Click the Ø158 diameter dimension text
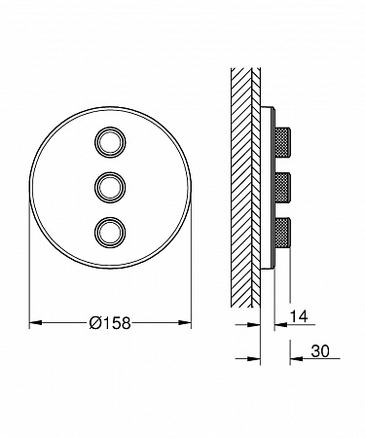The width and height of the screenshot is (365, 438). coord(110,323)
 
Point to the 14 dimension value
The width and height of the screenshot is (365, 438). coord(299,316)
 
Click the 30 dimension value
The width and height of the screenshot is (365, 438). coord(320,351)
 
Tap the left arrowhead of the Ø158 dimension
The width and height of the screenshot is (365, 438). coord(36,323)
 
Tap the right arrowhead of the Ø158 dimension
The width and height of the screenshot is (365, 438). coord(185,322)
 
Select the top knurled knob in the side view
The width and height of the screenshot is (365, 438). coord(282,142)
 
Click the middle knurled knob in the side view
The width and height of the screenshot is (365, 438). coord(282,188)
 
